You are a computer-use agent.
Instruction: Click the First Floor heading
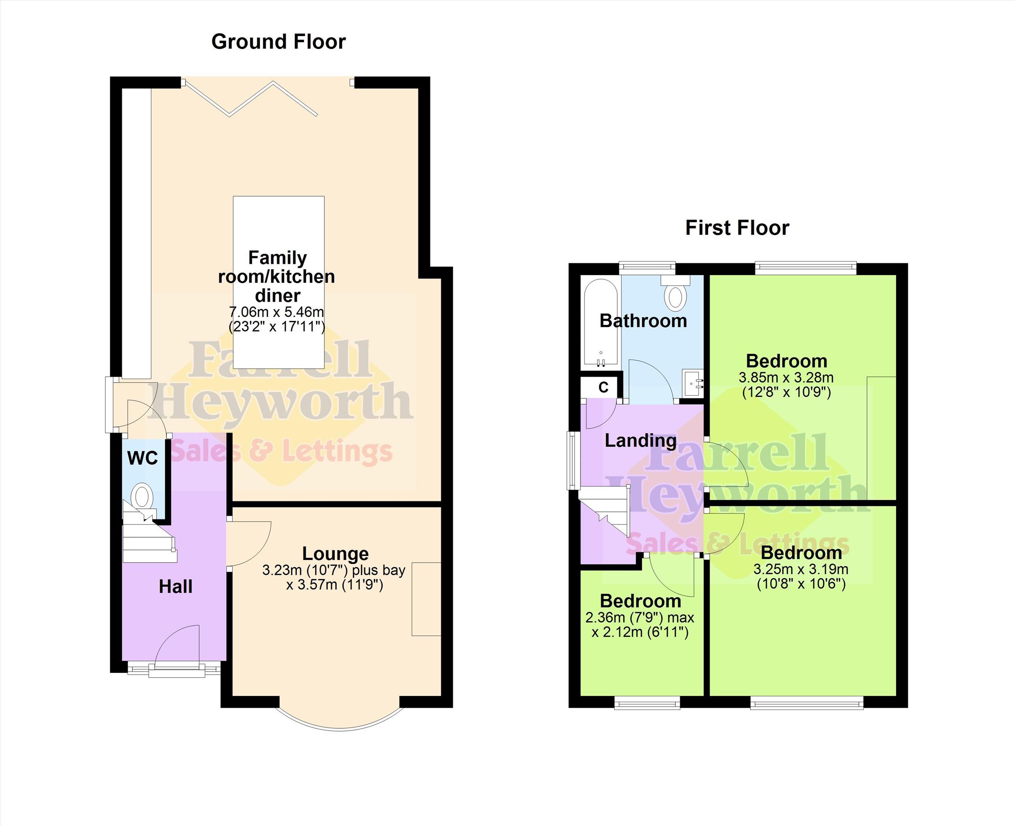click(x=737, y=228)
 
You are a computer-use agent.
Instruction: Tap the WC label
click(x=143, y=458)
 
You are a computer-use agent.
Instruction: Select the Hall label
click(x=175, y=587)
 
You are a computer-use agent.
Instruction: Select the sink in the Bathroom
click(x=692, y=382)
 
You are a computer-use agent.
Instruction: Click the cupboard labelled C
click(x=602, y=387)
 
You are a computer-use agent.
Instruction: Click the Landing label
click(x=640, y=441)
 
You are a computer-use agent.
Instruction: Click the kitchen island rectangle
click(x=279, y=282)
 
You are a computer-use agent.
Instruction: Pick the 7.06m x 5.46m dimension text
click(x=276, y=312)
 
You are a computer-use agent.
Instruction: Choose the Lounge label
click(x=335, y=554)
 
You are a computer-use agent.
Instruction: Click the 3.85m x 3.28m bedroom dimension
click(x=786, y=378)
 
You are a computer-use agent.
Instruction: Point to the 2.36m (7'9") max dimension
click(x=640, y=618)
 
